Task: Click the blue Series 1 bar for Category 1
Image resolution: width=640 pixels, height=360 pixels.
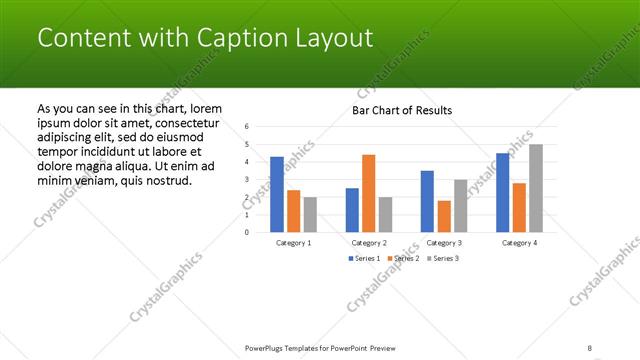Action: (277, 194)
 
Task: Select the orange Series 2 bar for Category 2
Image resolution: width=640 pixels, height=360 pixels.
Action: (368, 193)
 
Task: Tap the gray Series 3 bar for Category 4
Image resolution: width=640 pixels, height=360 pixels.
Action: (535, 188)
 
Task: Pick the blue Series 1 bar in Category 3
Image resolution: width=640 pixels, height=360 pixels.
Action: (427, 201)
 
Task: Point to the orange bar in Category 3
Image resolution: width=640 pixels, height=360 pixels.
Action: (444, 216)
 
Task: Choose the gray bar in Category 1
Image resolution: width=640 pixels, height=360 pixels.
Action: (310, 214)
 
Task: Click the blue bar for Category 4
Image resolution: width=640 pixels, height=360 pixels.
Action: (502, 192)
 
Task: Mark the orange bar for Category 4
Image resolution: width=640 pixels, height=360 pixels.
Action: (519, 207)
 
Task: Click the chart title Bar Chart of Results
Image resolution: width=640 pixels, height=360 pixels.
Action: (402, 110)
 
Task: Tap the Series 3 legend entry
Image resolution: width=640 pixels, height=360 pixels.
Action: (441, 258)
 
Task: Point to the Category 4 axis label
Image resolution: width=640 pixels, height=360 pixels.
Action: (519, 243)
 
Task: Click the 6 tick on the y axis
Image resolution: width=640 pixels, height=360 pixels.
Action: (247, 127)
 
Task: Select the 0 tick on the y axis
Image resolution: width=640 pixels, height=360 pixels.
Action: (247, 232)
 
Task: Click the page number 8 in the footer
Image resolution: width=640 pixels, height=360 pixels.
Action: (590, 348)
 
